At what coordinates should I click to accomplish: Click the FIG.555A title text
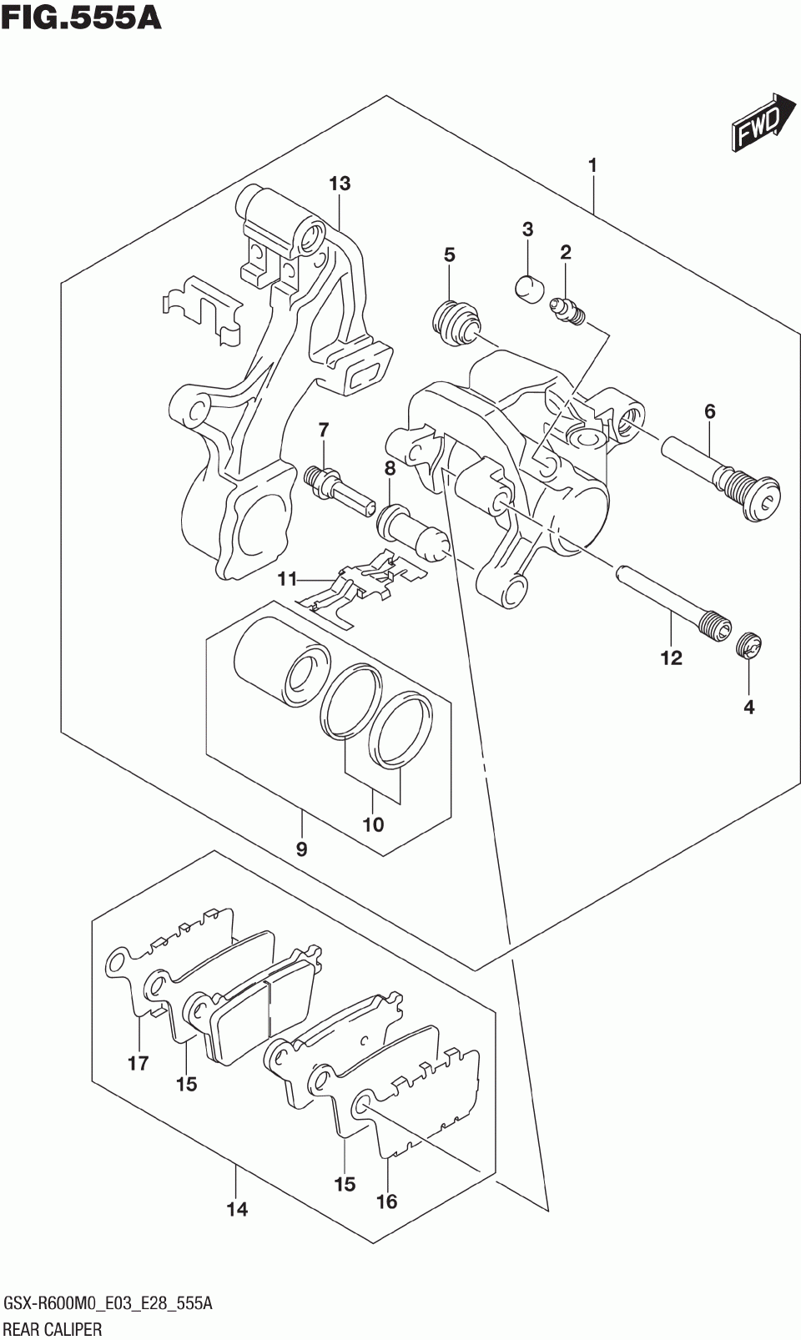pyautogui.click(x=81, y=18)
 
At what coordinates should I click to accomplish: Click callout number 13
pyautogui.click(x=340, y=184)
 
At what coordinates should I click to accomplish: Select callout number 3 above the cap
pyautogui.click(x=527, y=229)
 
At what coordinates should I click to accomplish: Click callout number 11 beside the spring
pyautogui.click(x=287, y=579)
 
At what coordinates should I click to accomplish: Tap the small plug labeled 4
pyautogui.click(x=749, y=646)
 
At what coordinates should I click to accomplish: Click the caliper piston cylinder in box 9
pyautogui.click(x=282, y=661)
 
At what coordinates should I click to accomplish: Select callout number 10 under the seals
pyautogui.click(x=373, y=825)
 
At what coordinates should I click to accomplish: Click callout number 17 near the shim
pyautogui.click(x=139, y=1063)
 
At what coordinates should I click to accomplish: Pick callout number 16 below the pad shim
pyautogui.click(x=387, y=1201)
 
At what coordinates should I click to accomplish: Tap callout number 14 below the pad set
pyautogui.click(x=237, y=1210)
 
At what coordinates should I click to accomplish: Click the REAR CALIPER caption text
pyautogui.click(x=53, y=1329)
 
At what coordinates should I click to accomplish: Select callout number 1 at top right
pyautogui.click(x=592, y=166)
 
